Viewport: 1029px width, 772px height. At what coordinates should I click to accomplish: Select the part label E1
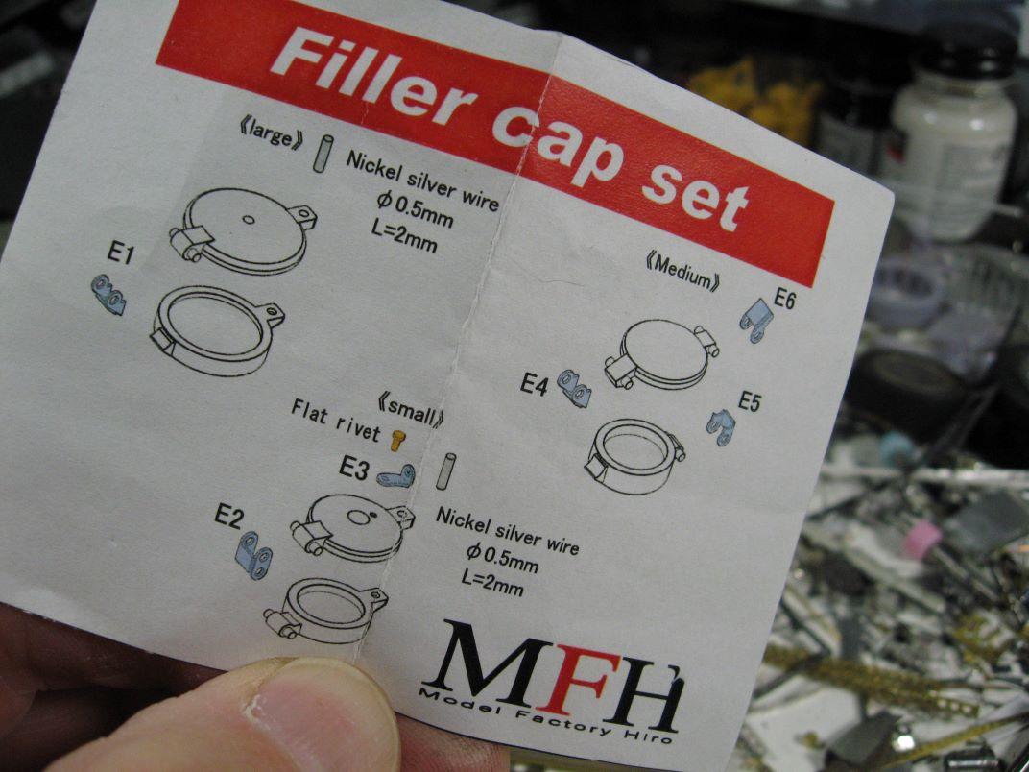[121, 253]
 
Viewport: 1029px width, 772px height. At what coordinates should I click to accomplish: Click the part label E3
[354, 468]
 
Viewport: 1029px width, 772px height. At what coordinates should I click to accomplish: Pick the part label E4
[535, 384]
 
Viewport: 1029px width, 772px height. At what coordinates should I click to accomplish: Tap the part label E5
[749, 401]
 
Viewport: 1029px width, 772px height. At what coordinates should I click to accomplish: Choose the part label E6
[784, 299]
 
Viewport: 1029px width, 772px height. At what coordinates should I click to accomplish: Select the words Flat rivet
[335, 421]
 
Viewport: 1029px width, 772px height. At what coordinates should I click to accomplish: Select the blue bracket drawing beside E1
[108, 294]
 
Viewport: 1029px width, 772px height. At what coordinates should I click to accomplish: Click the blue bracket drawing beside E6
[755, 320]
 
